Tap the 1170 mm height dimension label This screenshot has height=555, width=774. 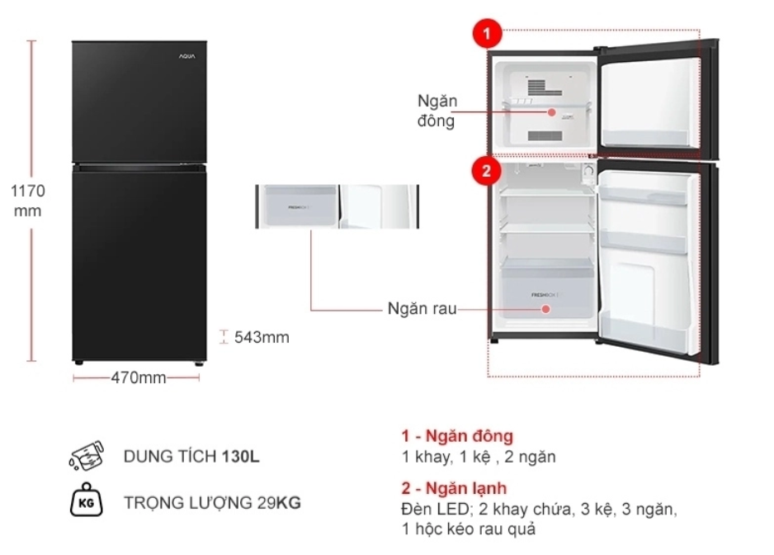coord(27,201)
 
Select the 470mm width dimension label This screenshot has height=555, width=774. coord(138,378)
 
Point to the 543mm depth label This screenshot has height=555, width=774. coord(262,337)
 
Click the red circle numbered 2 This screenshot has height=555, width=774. coord(487,171)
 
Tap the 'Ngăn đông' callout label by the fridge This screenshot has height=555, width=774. coord(437,111)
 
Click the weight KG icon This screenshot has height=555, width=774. coord(87,501)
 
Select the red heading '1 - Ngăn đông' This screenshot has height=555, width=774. coord(457,436)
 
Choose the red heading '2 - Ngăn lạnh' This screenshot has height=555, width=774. coord(454,489)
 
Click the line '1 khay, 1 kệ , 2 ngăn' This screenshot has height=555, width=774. coord(479,457)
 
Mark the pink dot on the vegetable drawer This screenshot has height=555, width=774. coord(546,310)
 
